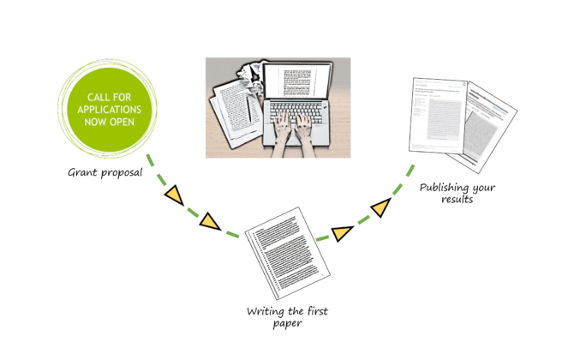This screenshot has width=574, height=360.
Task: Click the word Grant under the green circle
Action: point(86,172)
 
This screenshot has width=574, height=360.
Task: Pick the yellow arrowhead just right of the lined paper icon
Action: point(342,232)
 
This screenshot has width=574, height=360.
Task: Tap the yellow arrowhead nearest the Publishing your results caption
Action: point(380,208)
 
